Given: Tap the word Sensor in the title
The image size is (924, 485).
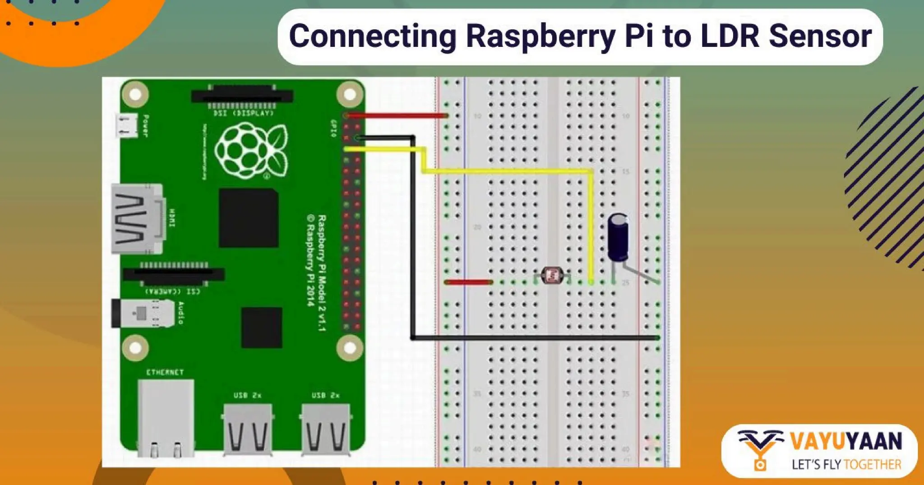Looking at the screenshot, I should coord(820,36).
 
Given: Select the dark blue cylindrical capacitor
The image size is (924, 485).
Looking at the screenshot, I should coord(618,237).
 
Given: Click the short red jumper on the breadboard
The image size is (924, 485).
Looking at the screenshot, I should coord(468,282).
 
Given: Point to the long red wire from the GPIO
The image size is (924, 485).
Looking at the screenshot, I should coord(397,115).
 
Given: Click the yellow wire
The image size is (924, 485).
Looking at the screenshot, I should coord(505,171).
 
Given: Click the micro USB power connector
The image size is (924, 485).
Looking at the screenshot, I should coord(126,125).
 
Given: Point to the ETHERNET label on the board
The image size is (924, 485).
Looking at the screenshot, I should coord(165,372).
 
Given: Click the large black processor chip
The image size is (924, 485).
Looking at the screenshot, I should coord(248,218).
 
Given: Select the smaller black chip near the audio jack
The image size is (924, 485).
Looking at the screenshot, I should coord(261,327).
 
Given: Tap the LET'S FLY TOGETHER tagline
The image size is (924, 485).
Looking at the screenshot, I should coord(846,464).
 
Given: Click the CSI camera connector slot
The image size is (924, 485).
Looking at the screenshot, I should coord(174,274).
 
